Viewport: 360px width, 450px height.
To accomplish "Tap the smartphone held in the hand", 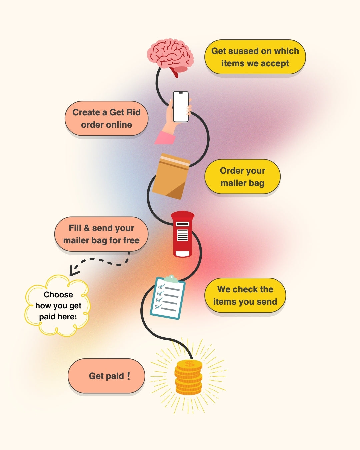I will click(181, 107).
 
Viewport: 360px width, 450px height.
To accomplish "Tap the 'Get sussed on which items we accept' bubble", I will click(255, 57).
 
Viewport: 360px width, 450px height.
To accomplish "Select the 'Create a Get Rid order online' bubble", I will click(106, 118).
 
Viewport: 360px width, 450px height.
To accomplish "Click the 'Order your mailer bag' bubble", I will click(242, 177).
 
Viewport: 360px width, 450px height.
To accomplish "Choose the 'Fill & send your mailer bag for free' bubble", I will click(101, 234).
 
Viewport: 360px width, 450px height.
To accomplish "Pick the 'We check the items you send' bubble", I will click(245, 295).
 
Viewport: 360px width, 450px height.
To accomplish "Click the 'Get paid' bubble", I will click(106, 376).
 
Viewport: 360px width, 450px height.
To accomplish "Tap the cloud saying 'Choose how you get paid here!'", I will click(57, 305).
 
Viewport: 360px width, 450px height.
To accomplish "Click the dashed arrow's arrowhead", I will click(73, 271).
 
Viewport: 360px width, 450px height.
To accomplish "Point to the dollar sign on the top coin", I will click(189, 364).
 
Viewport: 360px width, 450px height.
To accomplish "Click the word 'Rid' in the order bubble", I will click(133, 112).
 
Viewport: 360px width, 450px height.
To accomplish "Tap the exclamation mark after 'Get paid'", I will click(129, 376).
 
